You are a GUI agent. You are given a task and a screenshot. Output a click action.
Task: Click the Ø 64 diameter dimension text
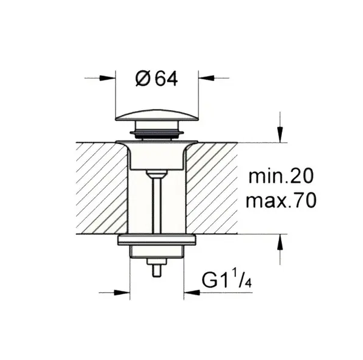(x=157, y=79)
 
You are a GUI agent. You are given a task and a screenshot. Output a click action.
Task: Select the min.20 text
(x=281, y=176)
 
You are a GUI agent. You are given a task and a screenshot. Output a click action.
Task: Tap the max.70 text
(x=281, y=200)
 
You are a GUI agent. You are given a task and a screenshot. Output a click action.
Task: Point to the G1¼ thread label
(x=227, y=280)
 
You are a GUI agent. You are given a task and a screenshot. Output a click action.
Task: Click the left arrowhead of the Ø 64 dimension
(x=108, y=78)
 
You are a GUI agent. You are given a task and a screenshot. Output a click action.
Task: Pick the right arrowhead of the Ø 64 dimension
(x=206, y=78)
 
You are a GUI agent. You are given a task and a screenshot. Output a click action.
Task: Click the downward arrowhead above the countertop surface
(x=280, y=134)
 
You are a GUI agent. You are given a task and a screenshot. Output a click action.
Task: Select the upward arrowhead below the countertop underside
(x=280, y=242)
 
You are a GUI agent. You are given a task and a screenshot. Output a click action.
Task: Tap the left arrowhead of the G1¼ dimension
(x=122, y=293)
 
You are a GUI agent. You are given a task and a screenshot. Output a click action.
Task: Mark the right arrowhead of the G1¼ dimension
(x=191, y=293)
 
